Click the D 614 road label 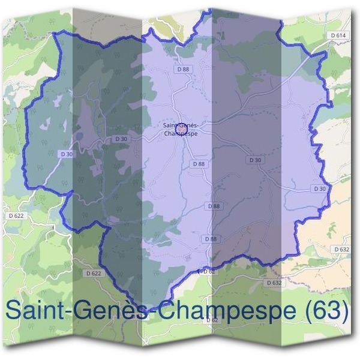[339, 36]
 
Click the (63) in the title [328, 311]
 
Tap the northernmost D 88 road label [183, 70]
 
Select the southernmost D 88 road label [211, 239]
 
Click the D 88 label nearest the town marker [199, 164]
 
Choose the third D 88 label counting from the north [214, 206]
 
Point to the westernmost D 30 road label [67, 154]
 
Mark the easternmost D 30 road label [320, 189]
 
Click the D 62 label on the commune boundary [208, 272]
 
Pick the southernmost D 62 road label [212, 320]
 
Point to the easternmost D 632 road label [340, 249]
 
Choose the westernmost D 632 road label [273, 283]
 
